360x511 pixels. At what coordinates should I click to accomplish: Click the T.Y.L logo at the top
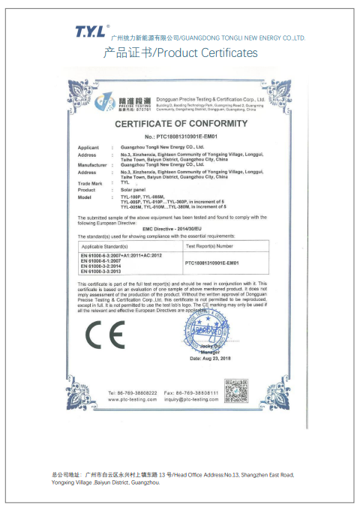coord(91,31)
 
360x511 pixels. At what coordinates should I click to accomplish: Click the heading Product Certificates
coord(179,53)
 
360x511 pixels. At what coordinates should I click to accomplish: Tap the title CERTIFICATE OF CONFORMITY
coord(180,124)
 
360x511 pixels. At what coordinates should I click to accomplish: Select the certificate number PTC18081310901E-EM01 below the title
coord(180,137)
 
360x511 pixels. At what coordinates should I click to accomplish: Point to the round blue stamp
coord(211,329)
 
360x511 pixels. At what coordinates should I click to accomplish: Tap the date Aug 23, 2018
coord(212,358)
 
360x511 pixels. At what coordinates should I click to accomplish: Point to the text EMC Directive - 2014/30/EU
coord(179,227)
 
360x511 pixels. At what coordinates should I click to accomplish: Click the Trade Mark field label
coord(90,183)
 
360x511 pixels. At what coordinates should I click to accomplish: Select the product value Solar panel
coord(132,189)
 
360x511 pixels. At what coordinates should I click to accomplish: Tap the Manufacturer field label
coord(93,164)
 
